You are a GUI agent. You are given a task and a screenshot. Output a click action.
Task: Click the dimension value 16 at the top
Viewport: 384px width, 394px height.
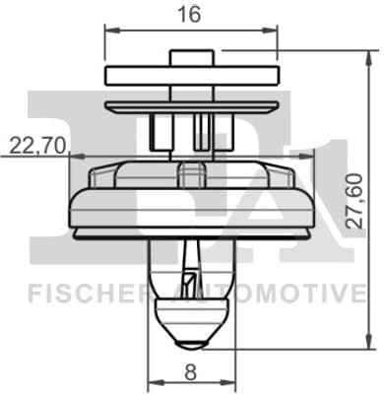pos(190,16)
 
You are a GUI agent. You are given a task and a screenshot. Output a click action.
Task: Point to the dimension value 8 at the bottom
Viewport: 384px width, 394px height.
pos(191,373)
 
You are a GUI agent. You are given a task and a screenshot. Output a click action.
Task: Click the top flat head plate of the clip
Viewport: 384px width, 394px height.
pos(190,76)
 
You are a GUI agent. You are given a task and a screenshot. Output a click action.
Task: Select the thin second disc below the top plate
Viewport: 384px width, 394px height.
pos(190,102)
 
